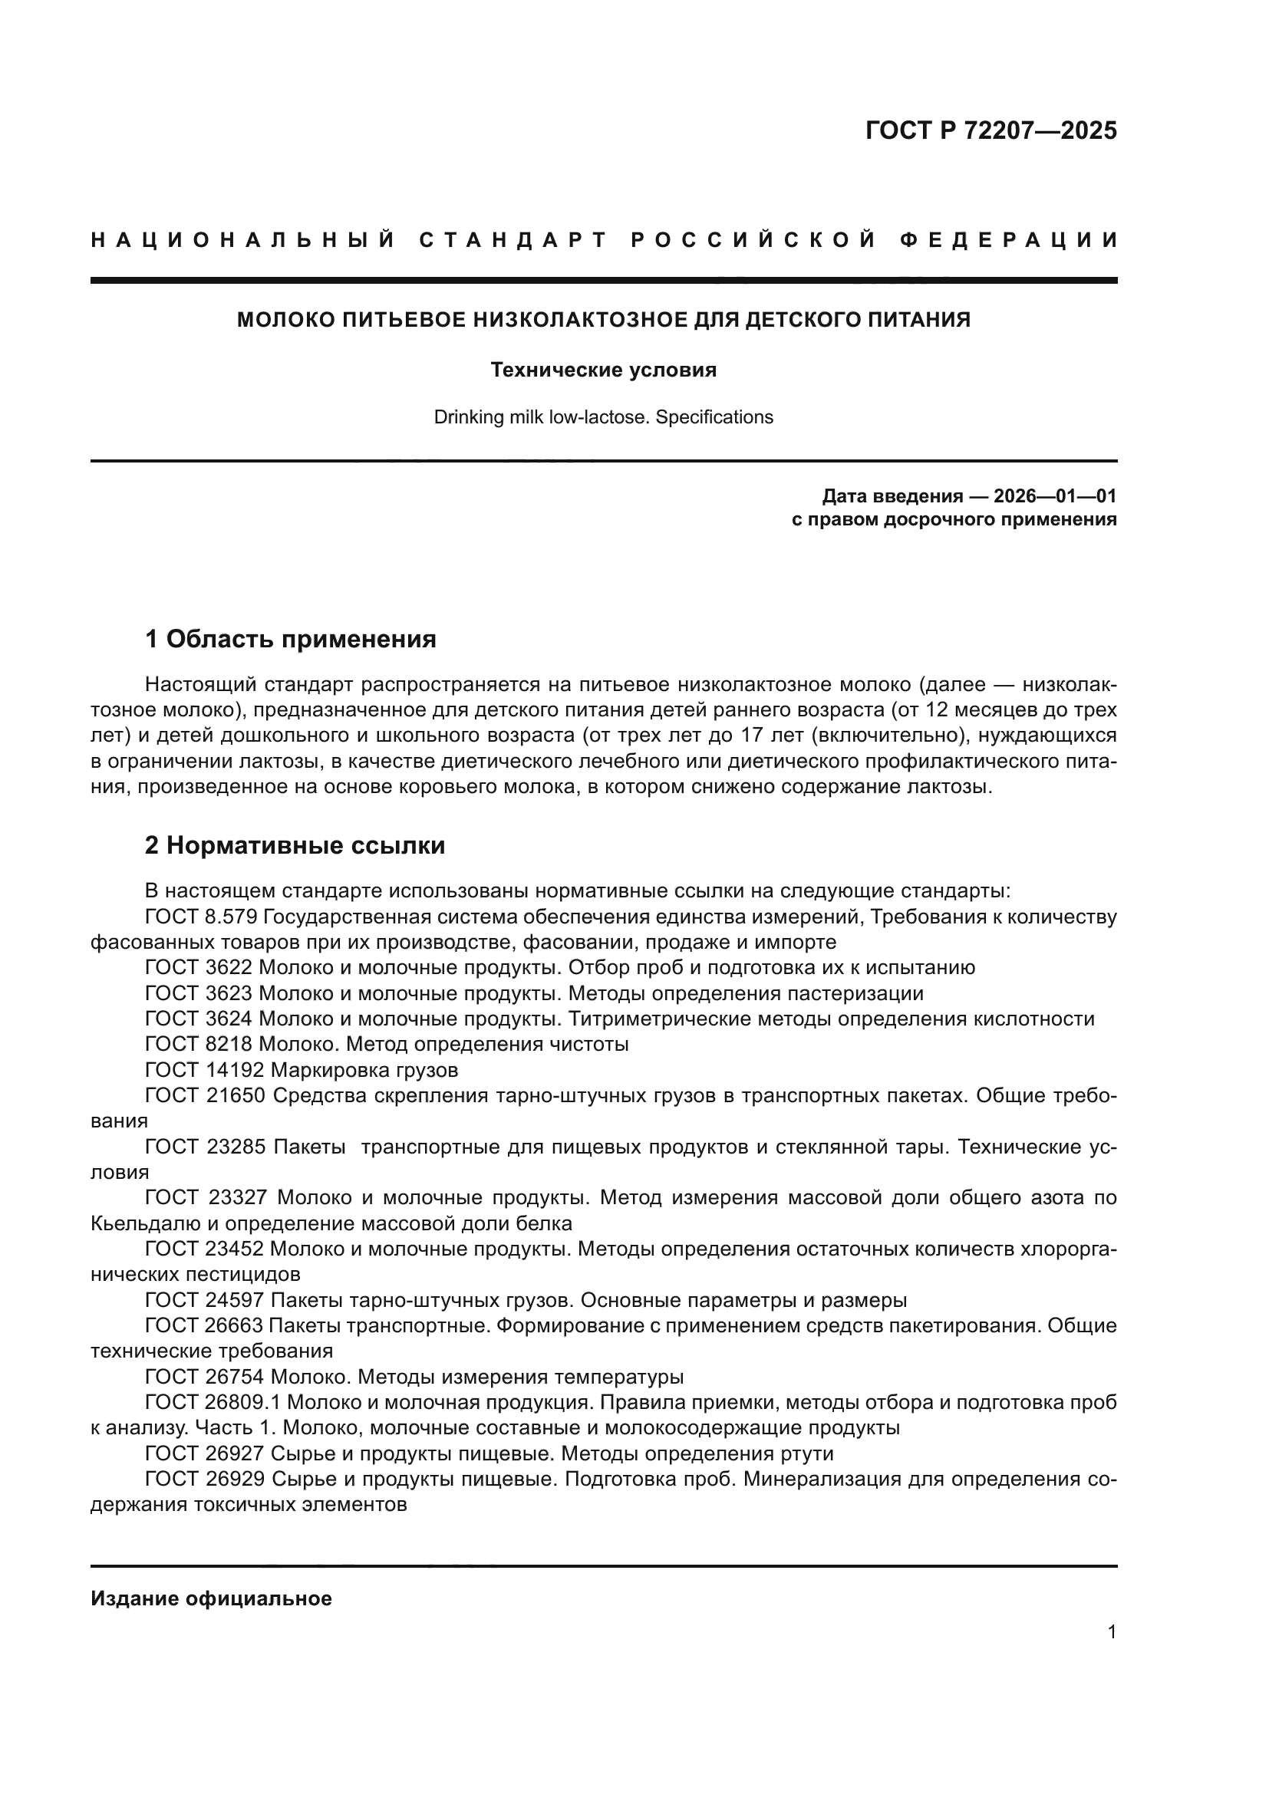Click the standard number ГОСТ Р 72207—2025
990,130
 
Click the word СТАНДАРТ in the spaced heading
513,240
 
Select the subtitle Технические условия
603,370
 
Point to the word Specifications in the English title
714,417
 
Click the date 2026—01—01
1055,496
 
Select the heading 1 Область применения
291,639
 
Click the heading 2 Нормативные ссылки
295,845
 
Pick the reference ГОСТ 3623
199,993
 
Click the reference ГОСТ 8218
199,1044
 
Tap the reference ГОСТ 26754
205,1376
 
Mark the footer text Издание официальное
211,1598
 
